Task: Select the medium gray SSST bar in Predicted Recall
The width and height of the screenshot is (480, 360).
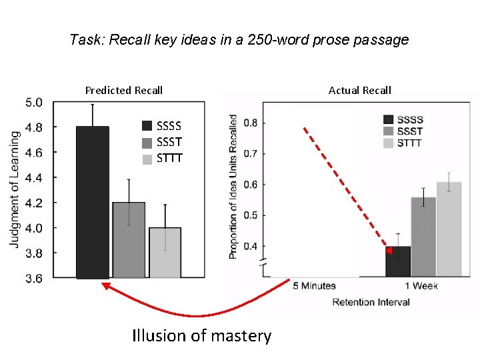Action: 129,240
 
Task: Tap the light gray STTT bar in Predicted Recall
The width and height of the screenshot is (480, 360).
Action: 165,253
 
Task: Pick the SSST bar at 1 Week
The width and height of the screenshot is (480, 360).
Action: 423,237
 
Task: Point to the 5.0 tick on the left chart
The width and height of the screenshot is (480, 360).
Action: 34,103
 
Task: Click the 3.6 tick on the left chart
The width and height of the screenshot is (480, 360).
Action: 34,279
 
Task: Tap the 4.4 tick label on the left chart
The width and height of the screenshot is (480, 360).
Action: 34,178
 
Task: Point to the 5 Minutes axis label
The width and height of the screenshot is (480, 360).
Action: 314,287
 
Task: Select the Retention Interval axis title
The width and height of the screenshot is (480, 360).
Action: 371,302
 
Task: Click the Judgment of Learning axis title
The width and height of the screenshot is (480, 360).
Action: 15,189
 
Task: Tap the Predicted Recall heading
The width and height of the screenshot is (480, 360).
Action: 124,90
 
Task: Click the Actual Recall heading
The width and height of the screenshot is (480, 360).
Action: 359,90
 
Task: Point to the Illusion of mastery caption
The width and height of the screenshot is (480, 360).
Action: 201,335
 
